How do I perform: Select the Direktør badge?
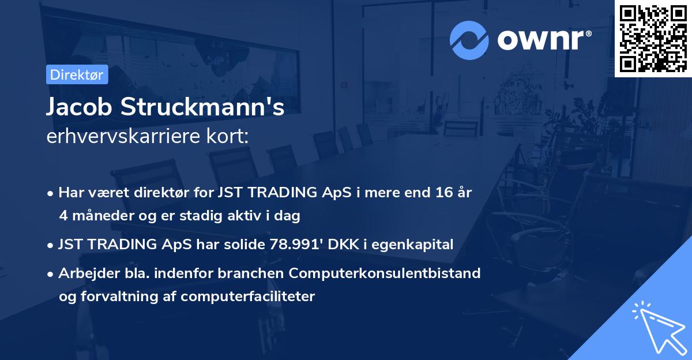[x=77, y=74]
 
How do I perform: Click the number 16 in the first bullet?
[x=442, y=193]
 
